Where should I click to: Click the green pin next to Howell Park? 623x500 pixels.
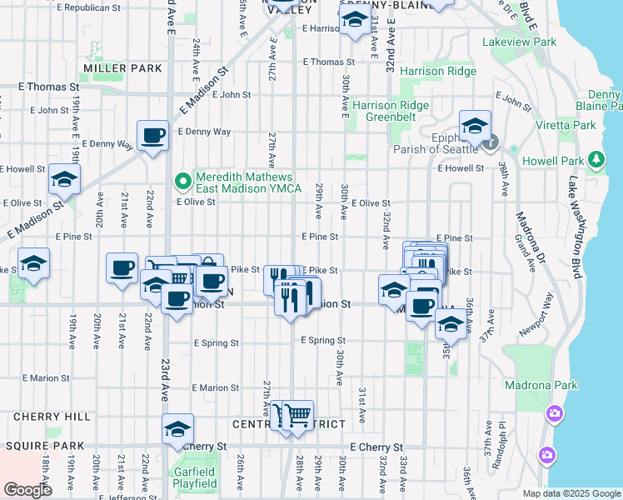tap(596, 158)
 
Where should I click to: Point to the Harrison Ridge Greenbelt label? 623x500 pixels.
tap(391, 112)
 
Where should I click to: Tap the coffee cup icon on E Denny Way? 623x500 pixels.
tap(153, 135)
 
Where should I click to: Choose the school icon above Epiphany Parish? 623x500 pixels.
tap(475, 126)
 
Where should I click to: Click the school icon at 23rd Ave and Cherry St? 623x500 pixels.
tap(177, 428)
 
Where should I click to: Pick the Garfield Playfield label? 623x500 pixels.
tap(195, 477)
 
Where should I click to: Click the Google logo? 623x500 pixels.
tap(27, 490)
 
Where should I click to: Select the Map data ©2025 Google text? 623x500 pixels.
tap(571, 493)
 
